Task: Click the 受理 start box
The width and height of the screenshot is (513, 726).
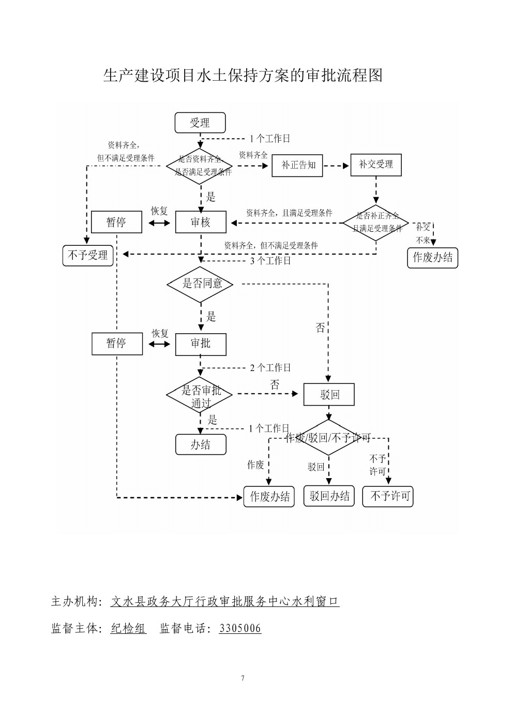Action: [x=200, y=123]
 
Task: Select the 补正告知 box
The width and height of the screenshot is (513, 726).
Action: [x=297, y=165]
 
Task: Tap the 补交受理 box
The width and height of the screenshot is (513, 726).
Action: [x=376, y=165]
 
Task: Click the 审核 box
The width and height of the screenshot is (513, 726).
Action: [x=201, y=222]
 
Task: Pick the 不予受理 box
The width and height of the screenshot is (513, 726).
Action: [x=88, y=255]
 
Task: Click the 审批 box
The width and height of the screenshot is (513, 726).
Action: [x=201, y=344]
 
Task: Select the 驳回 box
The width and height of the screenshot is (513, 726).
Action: [x=329, y=395]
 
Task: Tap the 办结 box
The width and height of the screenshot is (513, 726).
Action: [x=201, y=445]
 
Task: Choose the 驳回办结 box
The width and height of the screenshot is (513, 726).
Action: [x=329, y=496]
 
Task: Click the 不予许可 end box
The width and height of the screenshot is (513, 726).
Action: [x=388, y=496]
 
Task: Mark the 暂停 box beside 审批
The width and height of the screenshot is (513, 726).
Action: [x=117, y=344]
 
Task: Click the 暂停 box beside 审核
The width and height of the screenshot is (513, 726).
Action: [x=116, y=222]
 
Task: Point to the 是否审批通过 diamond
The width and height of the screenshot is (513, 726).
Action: [x=201, y=396]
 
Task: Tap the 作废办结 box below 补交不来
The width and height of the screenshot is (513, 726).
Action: [x=432, y=258]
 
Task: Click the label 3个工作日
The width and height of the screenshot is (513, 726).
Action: [x=270, y=261]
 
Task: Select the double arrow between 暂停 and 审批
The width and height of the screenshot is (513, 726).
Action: [x=159, y=344]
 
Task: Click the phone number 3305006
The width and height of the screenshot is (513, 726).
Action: [x=240, y=629]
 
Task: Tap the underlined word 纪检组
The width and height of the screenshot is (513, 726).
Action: [x=128, y=629]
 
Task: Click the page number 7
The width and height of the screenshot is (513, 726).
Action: [x=243, y=678]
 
